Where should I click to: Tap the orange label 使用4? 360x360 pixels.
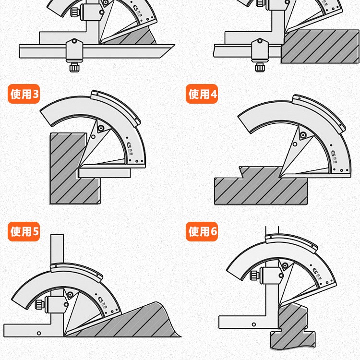[x=202, y=94]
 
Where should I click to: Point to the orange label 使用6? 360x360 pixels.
[x=202, y=232]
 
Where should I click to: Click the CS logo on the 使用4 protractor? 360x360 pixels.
[x=335, y=153]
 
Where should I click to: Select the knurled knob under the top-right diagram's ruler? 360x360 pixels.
[x=260, y=67]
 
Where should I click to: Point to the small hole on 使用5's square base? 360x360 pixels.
[x=39, y=334]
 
